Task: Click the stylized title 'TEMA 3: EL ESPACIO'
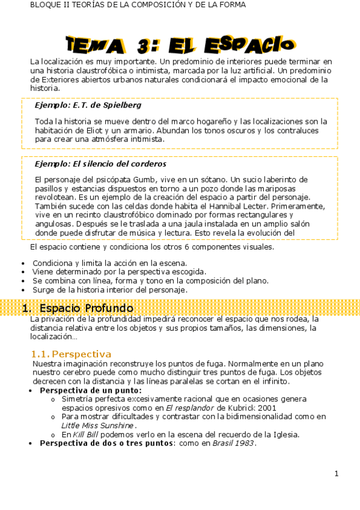click(181, 45)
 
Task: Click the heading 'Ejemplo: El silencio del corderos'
click(100, 164)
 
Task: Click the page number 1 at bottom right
click(337, 473)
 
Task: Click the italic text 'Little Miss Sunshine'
click(99, 425)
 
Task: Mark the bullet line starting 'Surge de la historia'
click(109, 289)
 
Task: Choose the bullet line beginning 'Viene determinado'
click(119, 271)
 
